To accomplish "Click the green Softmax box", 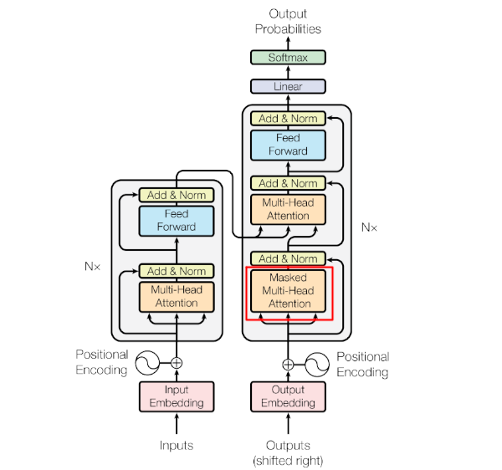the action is [288, 57].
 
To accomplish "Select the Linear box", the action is [288, 86].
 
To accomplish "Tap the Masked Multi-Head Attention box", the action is [288, 291].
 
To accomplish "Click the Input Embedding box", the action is [177, 396].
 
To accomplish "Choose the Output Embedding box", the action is [288, 396].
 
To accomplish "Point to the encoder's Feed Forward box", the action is [177, 221].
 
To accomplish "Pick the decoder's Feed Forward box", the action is [288, 146].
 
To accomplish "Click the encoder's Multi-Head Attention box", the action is [177, 297].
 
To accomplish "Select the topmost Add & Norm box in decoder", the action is [288, 119].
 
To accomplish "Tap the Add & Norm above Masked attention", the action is [288, 258].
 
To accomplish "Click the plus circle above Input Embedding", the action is [177, 363].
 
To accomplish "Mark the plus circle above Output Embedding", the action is [288, 365].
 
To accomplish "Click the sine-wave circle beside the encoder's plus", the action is [147, 363].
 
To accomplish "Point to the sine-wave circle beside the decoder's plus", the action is [317, 365].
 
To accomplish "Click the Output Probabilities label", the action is [288, 22].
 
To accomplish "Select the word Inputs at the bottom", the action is [177, 446].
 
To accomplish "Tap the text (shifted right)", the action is [288, 461].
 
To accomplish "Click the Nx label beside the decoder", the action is [369, 227].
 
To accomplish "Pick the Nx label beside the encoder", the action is [92, 266].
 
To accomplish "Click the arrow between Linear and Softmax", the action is [288, 72].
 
